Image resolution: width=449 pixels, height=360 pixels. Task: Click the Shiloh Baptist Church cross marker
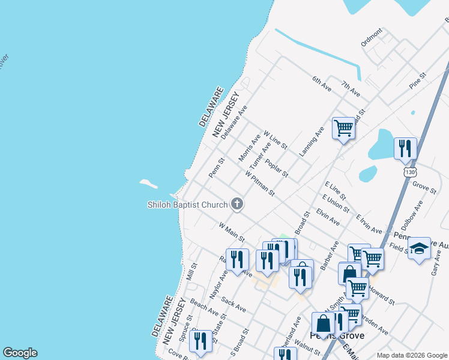coord(237,204)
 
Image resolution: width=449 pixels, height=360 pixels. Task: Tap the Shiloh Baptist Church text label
coord(188,205)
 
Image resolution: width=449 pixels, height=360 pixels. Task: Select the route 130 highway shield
coord(409,172)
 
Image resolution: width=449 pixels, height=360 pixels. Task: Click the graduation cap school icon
coord(419,248)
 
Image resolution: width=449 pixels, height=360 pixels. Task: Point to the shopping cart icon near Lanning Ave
coord(343,128)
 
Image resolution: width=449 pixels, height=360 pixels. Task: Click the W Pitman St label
coord(260,183)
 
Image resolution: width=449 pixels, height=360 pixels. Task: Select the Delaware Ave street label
coord(234,122)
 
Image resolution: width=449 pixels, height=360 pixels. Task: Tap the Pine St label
coord(417,81)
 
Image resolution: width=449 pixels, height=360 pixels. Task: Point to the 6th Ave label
coord(322,83)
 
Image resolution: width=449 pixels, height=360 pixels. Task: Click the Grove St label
coord(424,184)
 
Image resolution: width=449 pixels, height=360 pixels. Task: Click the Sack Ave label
coord(234,304)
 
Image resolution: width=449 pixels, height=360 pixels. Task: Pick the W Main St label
coord(232,232)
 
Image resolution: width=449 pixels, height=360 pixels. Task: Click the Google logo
coord(20,353)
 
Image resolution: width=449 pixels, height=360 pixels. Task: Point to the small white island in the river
coord(148,182)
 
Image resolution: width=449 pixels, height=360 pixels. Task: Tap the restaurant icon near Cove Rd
coord(200,340)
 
